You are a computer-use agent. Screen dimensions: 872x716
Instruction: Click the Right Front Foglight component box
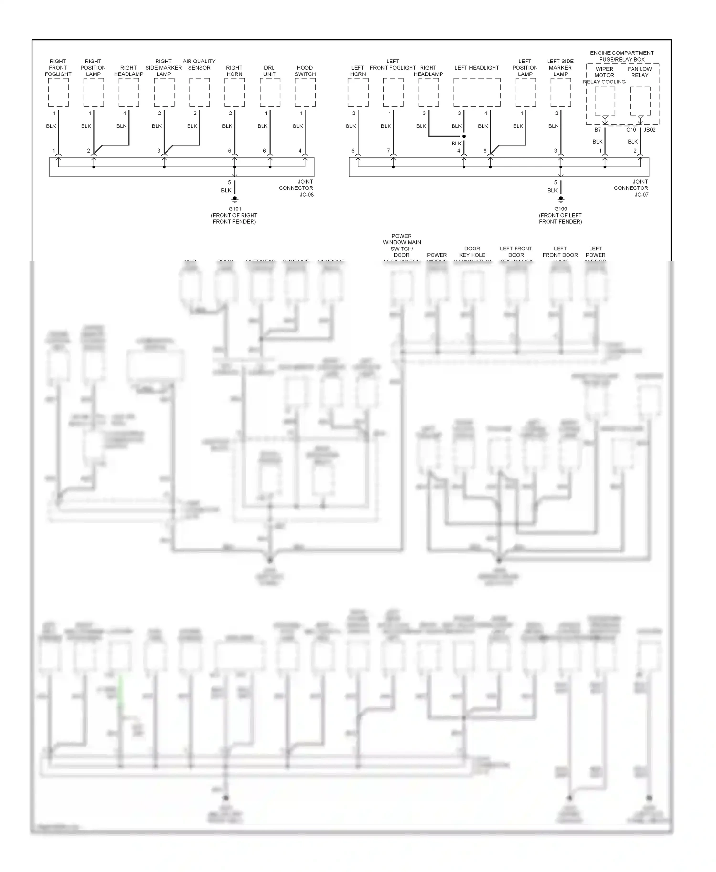[x=58, y=93]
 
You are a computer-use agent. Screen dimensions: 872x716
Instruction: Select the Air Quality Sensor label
[x=199, y=64]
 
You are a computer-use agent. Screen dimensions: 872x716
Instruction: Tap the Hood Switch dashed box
[x=305, y=93]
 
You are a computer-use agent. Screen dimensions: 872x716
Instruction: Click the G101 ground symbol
[x=234, y=199]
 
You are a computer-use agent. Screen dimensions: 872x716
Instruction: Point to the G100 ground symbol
[x=561, y=199]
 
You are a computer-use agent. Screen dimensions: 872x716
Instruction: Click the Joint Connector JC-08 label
[x=296, y=188]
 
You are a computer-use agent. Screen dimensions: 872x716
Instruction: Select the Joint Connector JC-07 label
[x=631, y=188]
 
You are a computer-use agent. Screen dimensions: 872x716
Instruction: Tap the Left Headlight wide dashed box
[x=477, y=93]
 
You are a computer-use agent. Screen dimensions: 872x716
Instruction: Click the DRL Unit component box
[x=270, y=93]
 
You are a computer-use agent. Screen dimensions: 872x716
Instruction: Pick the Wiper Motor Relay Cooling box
[x=605, y=101]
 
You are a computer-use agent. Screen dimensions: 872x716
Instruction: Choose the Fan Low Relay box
[x=640, y=101]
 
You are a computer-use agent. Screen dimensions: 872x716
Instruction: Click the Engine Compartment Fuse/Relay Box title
[x=622, y=56]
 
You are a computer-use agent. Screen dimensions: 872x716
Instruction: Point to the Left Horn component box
[x=358, y=93]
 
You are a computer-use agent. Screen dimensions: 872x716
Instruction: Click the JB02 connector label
[x=650, y=130]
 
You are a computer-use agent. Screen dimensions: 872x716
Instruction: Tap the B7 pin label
[x=598, y=130]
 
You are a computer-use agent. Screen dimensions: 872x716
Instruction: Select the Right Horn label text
[x=234, y=71]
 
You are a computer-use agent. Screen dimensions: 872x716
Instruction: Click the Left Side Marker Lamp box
[x=561, y=93]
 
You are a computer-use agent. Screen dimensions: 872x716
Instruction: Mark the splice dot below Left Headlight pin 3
[x=464, y=136]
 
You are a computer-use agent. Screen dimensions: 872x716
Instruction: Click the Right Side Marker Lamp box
[x=164, y=93]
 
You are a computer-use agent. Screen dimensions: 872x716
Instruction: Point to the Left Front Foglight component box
[x=393, y=93]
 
